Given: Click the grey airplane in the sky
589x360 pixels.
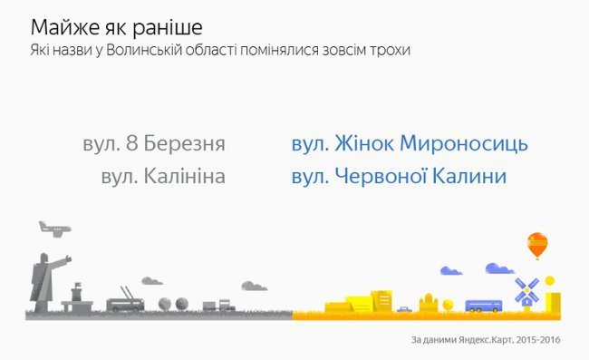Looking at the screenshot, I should pos(53,228).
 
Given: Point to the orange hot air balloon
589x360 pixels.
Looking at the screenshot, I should pos(536,244).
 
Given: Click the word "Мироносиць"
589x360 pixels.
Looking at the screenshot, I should pos(465,145).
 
